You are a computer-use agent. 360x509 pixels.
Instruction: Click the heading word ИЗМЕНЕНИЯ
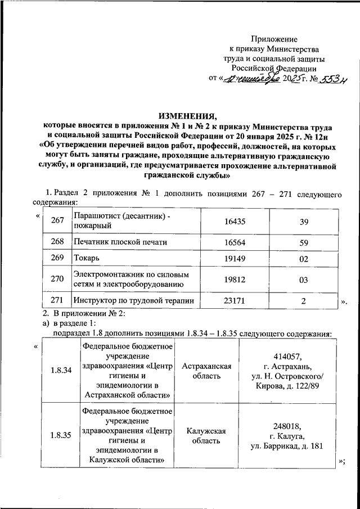[x=180, y=113]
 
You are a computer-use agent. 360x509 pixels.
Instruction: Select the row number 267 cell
[x=58, y=222]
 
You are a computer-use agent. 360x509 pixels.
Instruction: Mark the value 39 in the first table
[x=304, y=222]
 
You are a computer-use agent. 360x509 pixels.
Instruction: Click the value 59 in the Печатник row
[x=304, y=242]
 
